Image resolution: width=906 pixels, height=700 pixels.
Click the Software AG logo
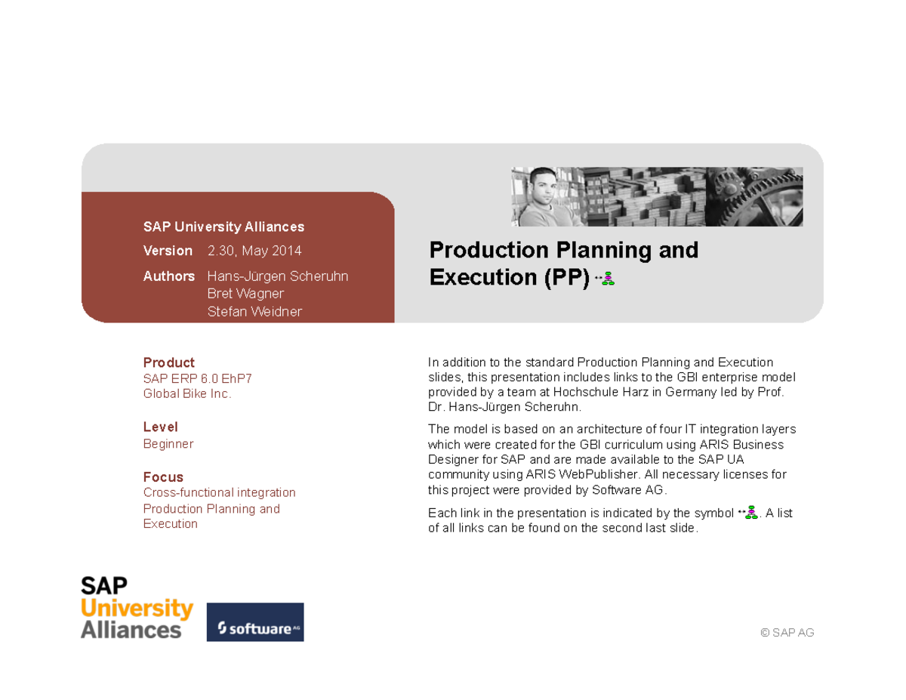pyautogui.click(x=255, y=622)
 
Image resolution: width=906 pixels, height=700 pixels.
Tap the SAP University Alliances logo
pyautogui.click(x=137, y=608)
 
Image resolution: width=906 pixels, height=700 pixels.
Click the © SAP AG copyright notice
pyautogui.click(x=787, y=633)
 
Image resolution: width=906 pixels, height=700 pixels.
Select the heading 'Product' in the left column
pyautogui.click(x=169, y=362)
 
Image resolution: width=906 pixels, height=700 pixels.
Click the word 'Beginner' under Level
pyautogui.click(x=168, y=444)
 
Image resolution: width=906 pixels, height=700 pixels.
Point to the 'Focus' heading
pyautogui.click(x=163, y=477)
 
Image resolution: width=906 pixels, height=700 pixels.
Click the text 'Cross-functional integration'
pyautogui.click(x=219, y=492)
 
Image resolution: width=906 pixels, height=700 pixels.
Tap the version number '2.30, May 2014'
pyautogui.click(x=254, y=251)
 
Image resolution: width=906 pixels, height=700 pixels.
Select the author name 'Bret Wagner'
pyautogui.click(x=245, y=293)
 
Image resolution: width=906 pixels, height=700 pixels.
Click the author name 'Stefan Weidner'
pyautogui.click(x=254, y=311)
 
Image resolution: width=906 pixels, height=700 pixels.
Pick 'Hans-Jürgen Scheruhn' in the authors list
pyautogui.click(x=277, y=276)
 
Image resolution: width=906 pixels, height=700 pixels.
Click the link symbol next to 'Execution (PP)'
pyautogui.click(x=606, y=279)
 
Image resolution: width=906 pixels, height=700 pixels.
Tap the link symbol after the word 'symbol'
pyautogui.click(x=748, y=513)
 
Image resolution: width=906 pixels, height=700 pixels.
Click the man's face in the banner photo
pyautogui.click(x=543, y=189)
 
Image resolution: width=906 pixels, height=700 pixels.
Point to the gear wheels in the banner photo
pyautogui.click(x=770, y=196)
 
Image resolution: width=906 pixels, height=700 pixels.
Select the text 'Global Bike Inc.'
pyautogui.click(x=187, y=393)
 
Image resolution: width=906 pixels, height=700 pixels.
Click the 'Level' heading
pyautogui.click(x=161, y=427)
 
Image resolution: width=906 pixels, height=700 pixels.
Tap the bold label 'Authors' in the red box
pyautogui.click(x=169, y=276)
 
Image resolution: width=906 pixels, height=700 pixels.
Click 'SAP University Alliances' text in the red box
pyautogui.click(x=223, y=227)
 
